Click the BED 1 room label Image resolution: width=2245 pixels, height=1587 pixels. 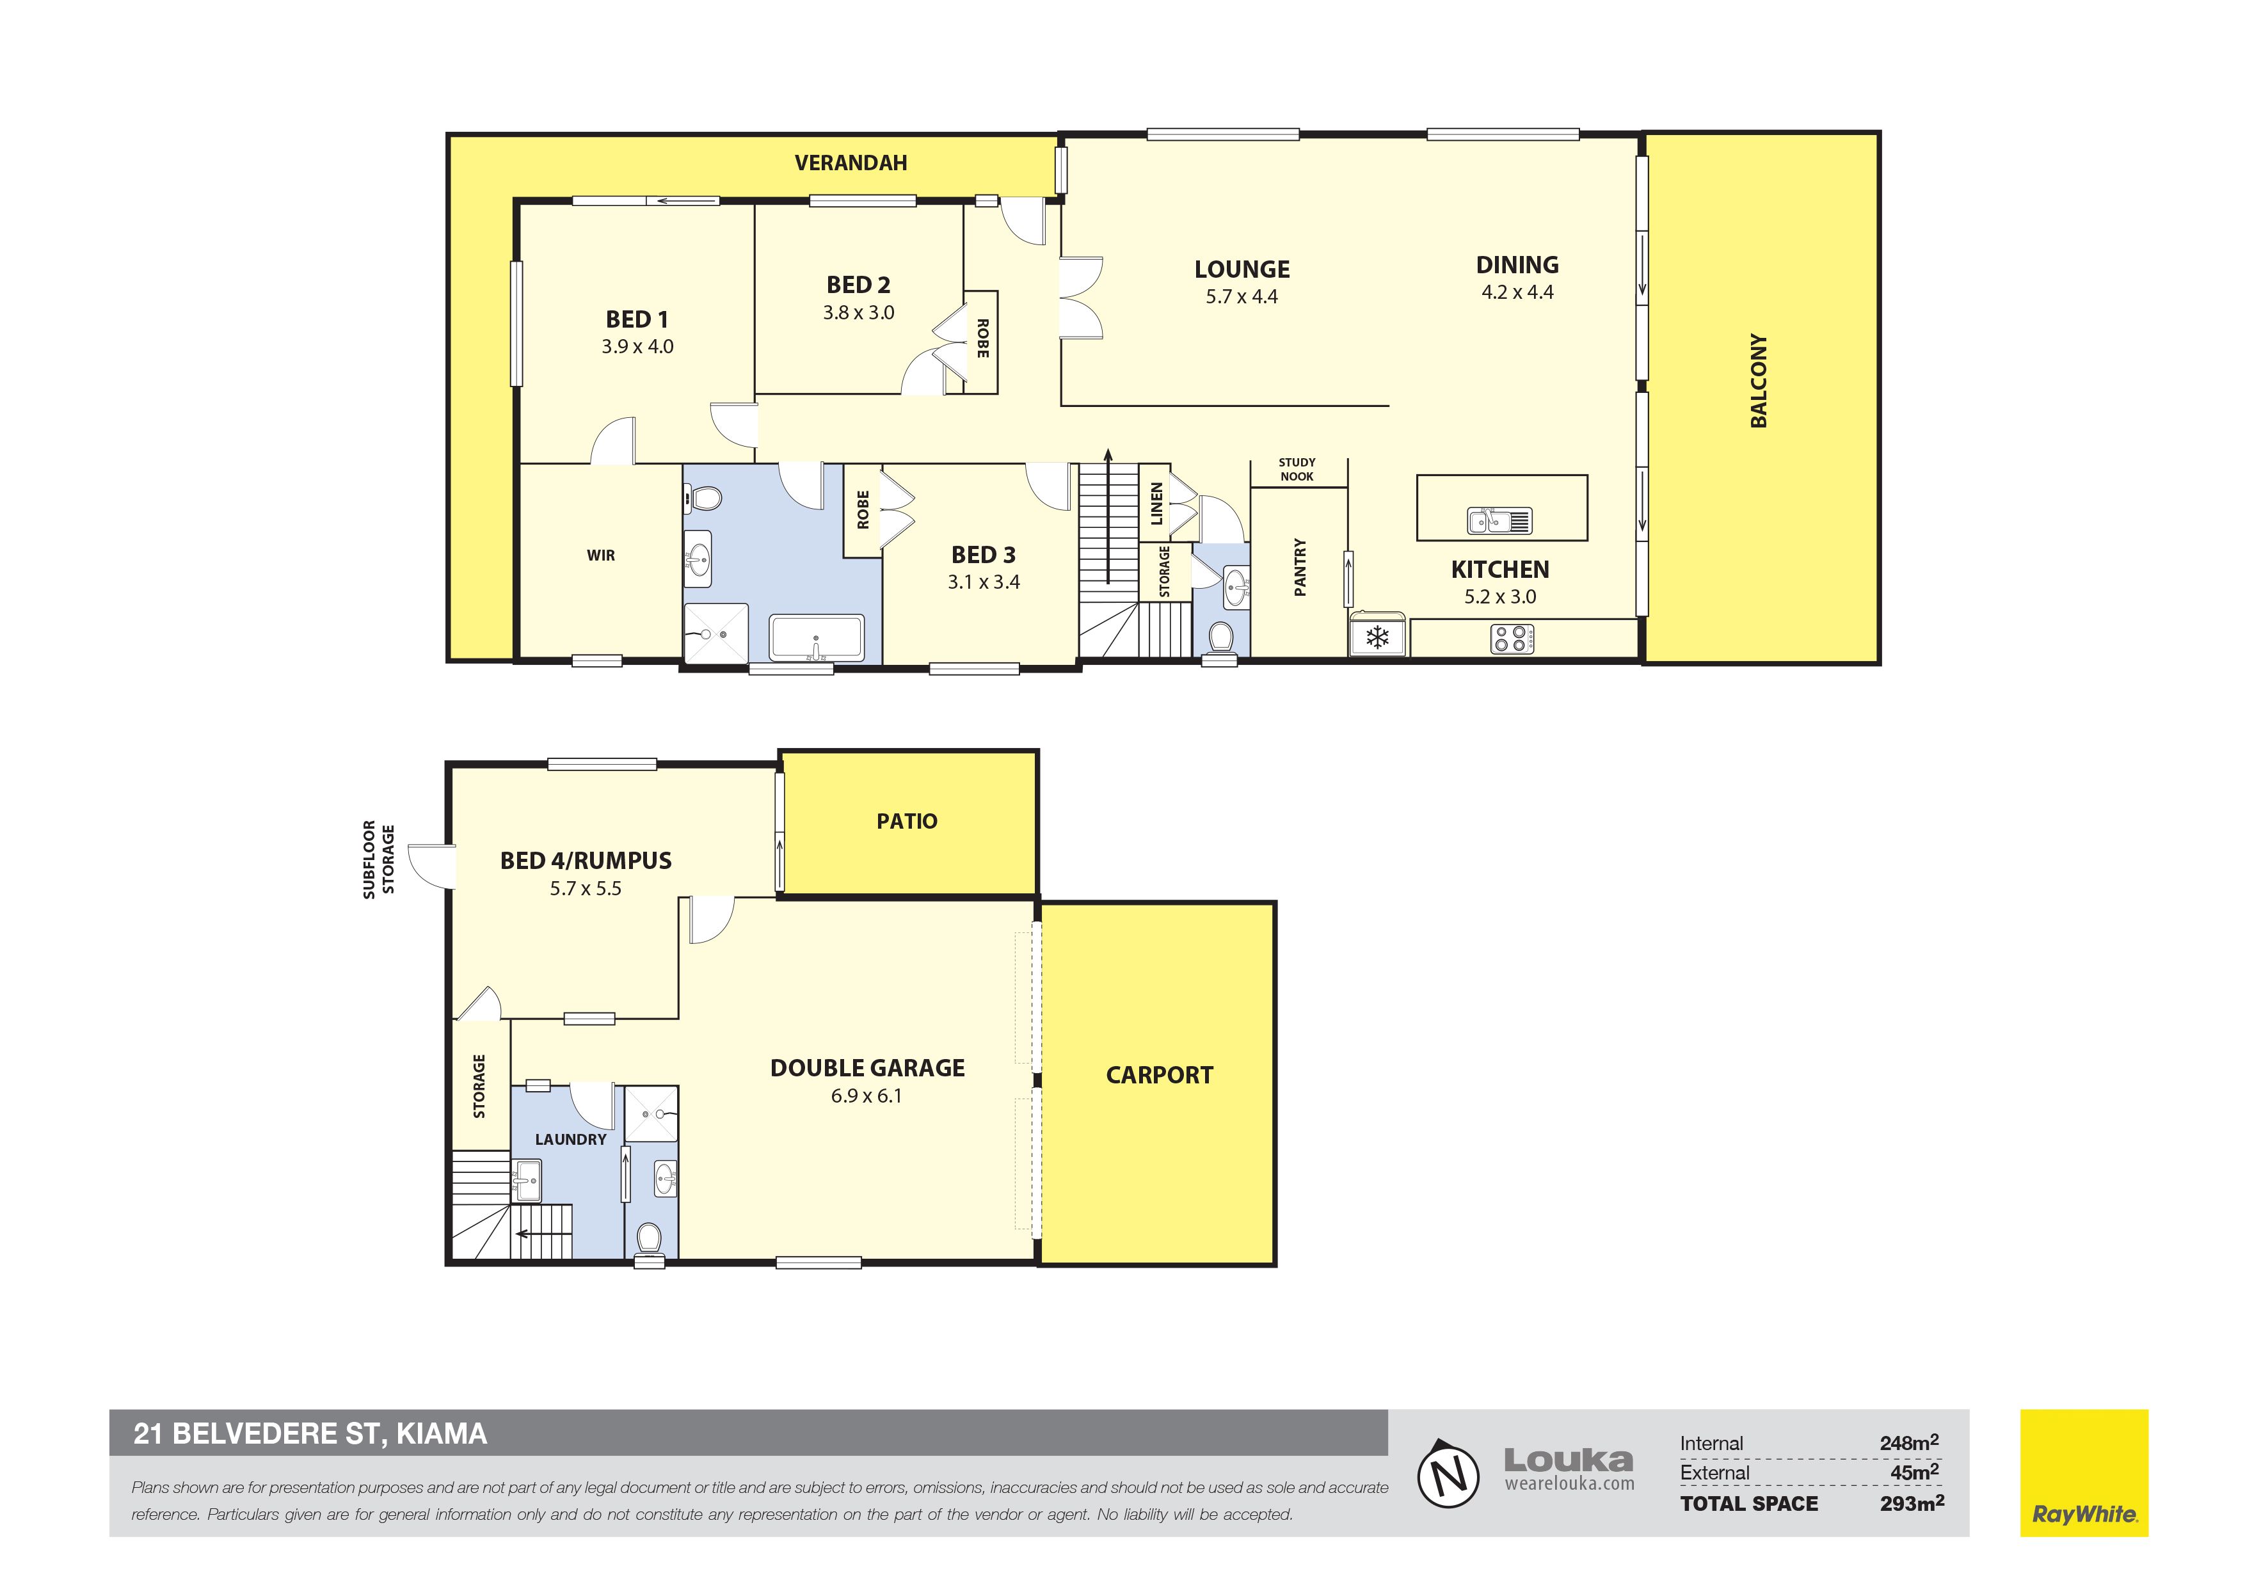[637, 320]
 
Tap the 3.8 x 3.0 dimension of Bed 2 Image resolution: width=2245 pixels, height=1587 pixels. [858, 313]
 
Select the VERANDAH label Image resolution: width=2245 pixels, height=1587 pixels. [851, 163]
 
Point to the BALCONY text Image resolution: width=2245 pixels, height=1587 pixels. [1759, 381]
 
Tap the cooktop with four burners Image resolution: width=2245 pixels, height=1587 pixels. [1512, 639]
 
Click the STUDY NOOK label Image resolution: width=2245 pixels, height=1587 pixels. [1297, 469]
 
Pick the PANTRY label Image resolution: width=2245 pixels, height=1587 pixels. [1300, 566]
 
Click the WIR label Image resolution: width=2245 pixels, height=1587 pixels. [600, 555]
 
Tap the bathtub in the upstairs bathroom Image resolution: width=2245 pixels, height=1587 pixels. [817, 639]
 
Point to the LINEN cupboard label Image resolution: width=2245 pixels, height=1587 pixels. [1156, 504]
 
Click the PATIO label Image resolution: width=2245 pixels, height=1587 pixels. [906, 822]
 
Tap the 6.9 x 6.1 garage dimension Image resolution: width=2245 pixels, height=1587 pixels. [867, 1096]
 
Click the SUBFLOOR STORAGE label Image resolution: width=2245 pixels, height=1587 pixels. [378, 859]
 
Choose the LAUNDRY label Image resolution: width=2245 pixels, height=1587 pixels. [571, 1139]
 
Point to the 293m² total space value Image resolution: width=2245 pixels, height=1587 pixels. [1912, 1503]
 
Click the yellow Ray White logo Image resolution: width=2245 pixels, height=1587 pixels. [2084, 1472]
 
